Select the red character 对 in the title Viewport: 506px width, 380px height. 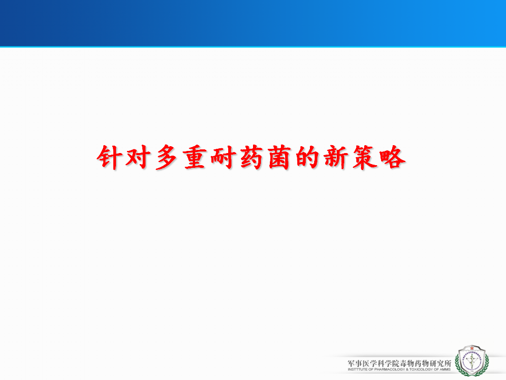[x=138, y=157]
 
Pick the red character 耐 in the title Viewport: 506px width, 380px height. [x=222, y=157]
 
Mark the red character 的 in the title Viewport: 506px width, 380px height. [x=307, y=157]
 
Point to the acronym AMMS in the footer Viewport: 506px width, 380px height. [x=445, y=369]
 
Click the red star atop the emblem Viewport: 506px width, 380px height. [x=472, y=348]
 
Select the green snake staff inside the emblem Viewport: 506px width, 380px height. [x=471, y=360]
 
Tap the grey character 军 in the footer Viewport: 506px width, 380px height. [x=351, y=363]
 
